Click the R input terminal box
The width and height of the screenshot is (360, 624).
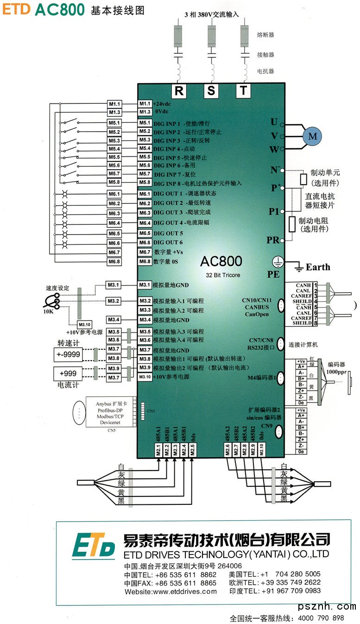[x=179, y=91]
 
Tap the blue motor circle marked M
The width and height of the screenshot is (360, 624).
[x=313, y=136]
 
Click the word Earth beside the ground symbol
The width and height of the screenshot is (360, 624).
[x=318, y=267]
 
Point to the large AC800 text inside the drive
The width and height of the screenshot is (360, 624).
[x=221, y=261]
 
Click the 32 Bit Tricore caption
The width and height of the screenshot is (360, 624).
[x=221, y=275]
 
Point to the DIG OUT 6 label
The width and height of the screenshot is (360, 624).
[x=168, y=242]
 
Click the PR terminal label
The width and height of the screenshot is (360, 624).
[x=273, y=240]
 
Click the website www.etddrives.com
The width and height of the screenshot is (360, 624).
[x=171, y=592]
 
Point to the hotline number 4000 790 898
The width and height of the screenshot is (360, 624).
[x=321, y=618]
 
